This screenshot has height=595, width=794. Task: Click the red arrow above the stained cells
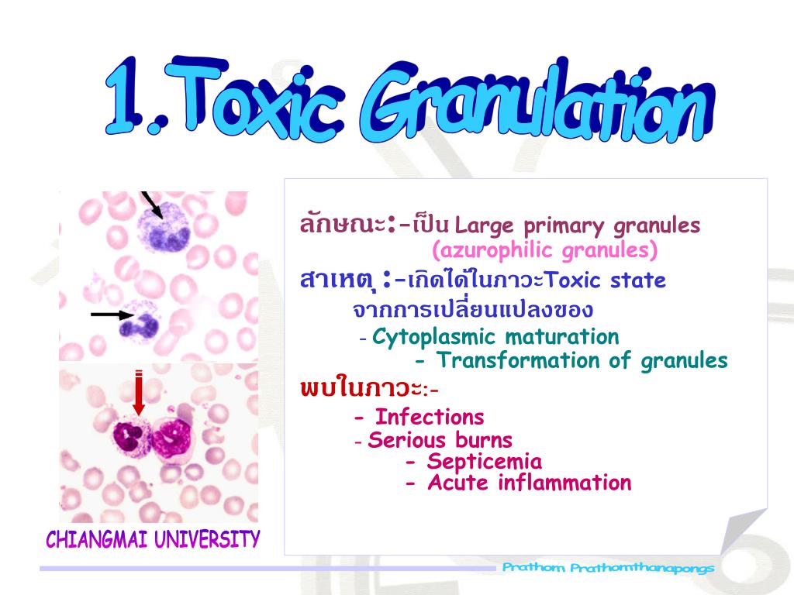coord(139,394)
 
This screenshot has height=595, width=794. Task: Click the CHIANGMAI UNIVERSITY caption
coord(153,539)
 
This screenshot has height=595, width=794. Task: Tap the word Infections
coord(430,418)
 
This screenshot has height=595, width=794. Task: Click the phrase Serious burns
coord(440,440)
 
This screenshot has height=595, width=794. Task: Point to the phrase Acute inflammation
coord(530,483)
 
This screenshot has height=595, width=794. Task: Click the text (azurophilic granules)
coord(545,250)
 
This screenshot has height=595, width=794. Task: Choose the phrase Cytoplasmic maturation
coord(495,337)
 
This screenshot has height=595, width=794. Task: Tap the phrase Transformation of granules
coord(582,360)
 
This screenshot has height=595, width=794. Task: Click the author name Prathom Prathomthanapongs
coord(608,568)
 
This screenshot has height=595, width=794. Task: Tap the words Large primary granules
coord(578,226)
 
